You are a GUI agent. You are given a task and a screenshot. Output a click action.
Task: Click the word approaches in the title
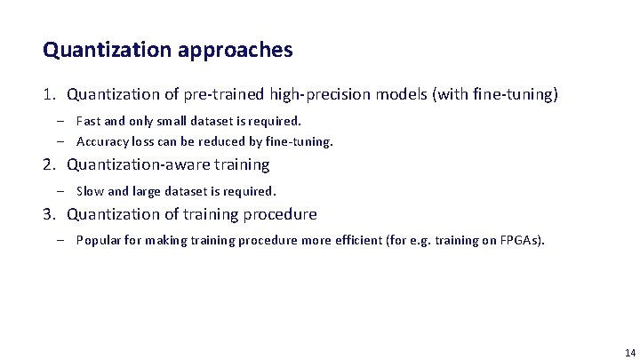236,52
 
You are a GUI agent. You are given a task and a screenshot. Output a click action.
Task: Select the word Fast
88,120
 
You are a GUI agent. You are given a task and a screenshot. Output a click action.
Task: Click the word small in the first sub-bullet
164,120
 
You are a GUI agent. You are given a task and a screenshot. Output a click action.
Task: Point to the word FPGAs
523,240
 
